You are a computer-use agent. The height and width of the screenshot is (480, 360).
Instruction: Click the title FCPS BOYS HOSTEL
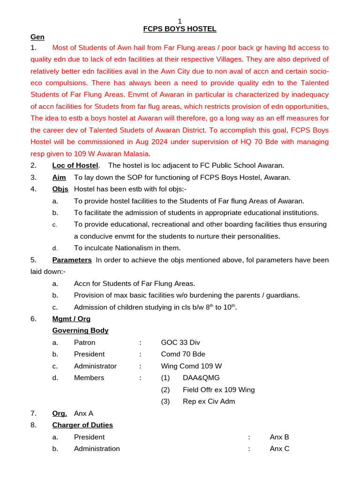click(x=180, y=29)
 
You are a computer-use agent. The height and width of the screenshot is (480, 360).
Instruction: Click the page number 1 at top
click(x=180, y=21)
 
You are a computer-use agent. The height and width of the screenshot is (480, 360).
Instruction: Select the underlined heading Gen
click(x=37, y=37)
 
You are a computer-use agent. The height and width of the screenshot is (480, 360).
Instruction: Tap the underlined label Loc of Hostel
click(x=75, y=165)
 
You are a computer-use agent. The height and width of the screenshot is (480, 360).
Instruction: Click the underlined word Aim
click(x=59, y=177)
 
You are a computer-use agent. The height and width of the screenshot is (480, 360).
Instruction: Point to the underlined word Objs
click(x=60, y=189)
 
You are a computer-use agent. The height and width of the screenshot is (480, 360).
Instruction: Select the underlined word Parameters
click(x=72, y=260)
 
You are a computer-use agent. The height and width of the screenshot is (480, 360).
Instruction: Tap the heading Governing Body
click(x=80, y=330)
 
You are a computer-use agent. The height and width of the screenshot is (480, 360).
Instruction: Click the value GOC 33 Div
click(x=180, y=343)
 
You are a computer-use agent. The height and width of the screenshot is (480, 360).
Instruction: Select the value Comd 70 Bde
click(x=183, y=354)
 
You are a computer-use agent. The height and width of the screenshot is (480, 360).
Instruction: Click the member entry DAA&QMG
click(x=201, y=378)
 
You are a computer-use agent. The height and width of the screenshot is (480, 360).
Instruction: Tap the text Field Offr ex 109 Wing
click(x=218, y=390)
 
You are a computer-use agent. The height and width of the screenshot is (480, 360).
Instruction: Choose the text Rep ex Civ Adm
click(x=209, y=401)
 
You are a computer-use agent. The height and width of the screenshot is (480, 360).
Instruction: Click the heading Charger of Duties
click(x=82, y=425)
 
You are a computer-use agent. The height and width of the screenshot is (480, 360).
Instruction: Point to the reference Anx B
click(x=279, y=437)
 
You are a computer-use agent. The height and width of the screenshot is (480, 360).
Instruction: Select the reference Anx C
click(x=279, y=449)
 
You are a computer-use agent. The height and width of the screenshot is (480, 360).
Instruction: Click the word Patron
click(x=84, y=343)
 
